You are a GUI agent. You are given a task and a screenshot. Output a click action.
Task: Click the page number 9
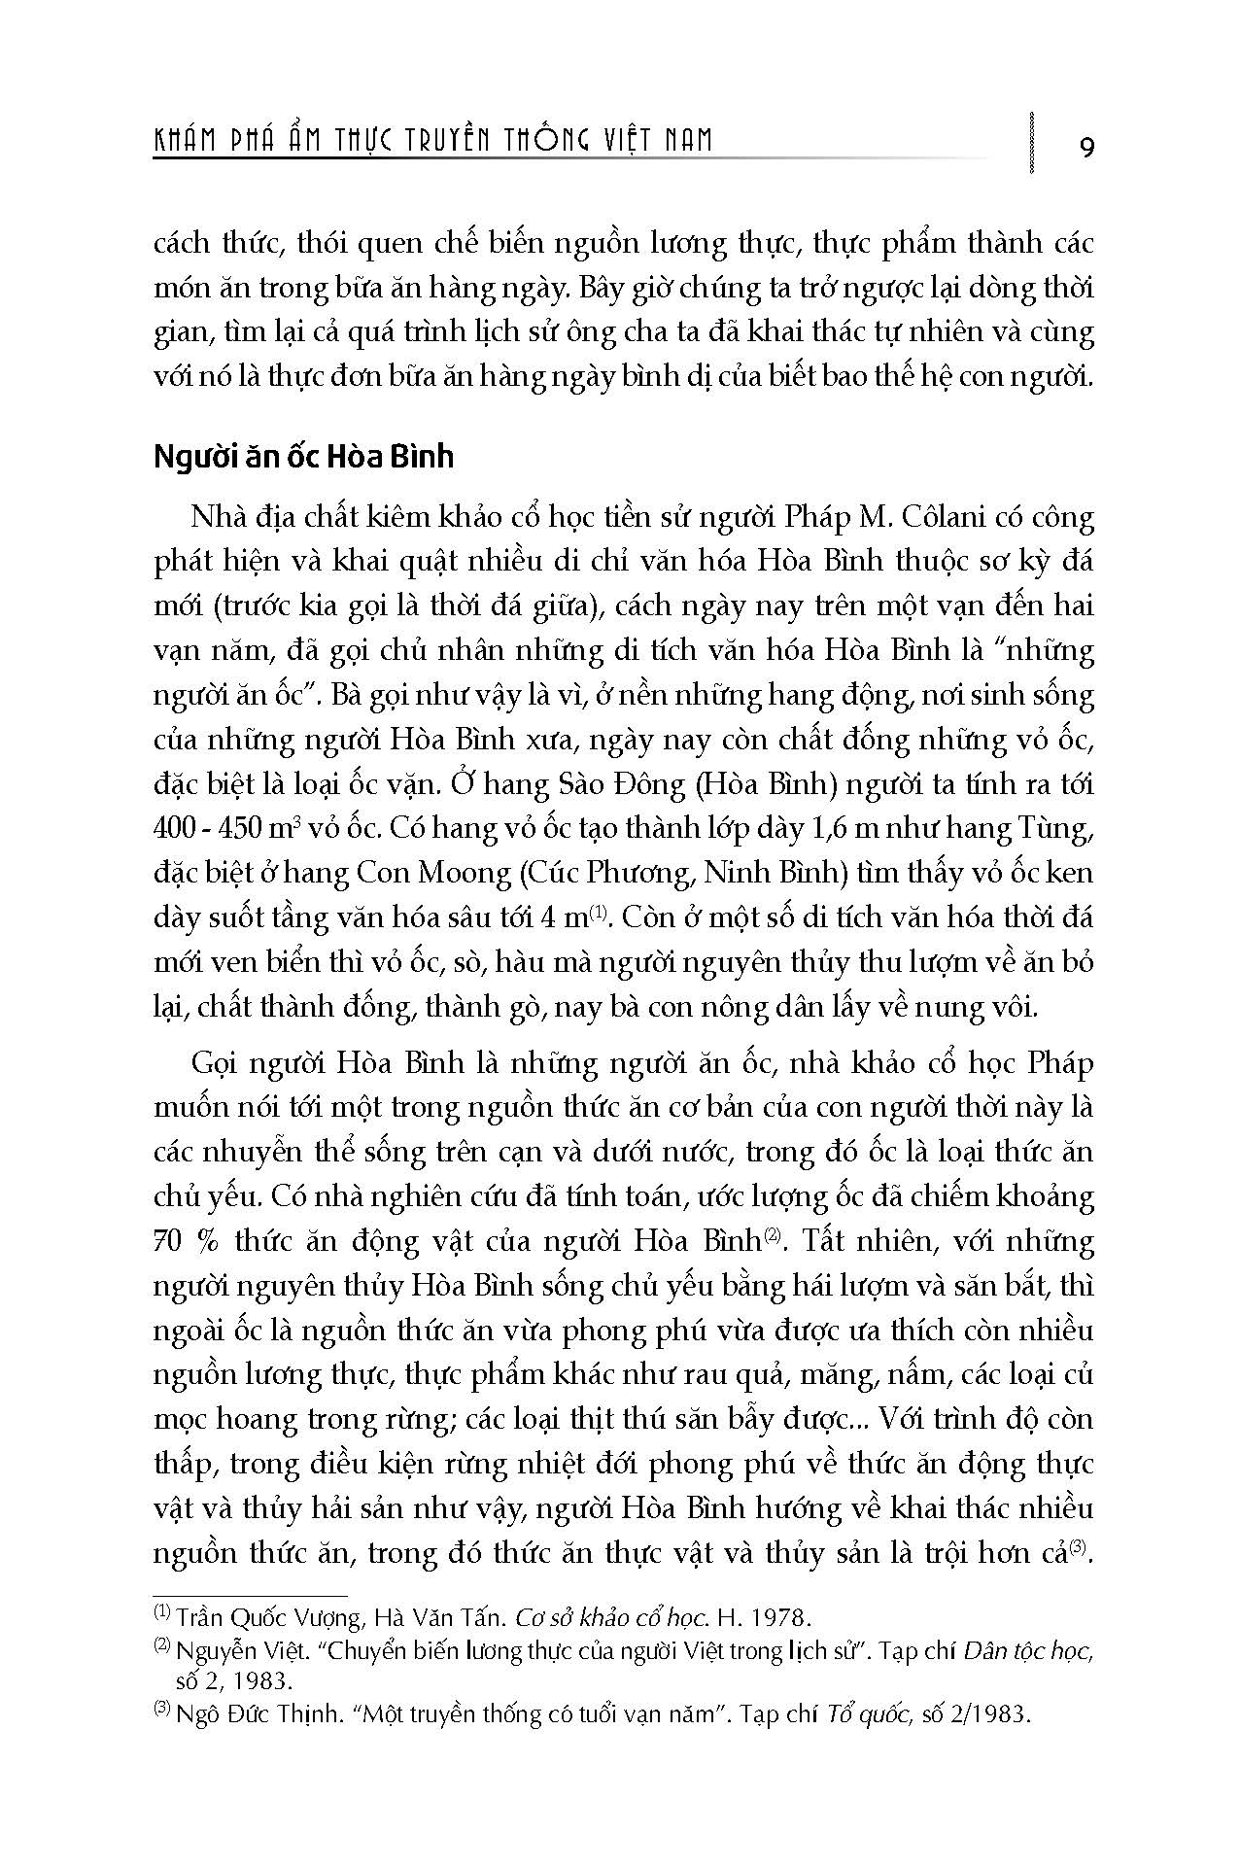(1086, 147)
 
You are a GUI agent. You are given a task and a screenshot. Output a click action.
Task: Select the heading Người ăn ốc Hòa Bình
(303, 456)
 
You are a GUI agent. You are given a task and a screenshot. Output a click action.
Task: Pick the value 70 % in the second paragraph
(184, 1241)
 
